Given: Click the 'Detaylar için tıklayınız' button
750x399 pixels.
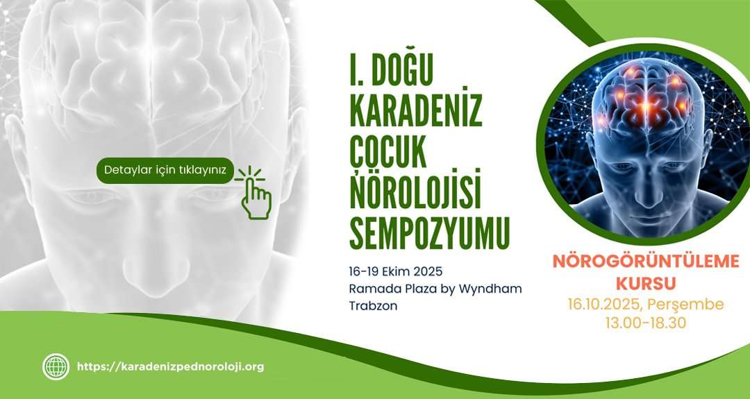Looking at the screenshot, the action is [165, 171].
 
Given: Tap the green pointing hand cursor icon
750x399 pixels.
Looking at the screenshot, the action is [253, 193].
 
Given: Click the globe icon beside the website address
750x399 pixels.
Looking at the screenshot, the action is [56, 367].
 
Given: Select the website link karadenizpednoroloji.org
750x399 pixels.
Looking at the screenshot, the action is [170, 367].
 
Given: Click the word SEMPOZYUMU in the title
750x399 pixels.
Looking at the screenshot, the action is [430, 233].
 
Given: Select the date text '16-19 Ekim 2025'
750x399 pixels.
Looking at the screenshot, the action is [396, 271].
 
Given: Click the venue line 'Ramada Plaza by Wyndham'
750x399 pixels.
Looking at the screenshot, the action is [435, 289].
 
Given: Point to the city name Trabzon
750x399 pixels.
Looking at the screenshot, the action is [373, 306].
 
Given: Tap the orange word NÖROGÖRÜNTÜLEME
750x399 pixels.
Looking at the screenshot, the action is [646, 262].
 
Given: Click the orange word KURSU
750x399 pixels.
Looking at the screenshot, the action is [646, 283].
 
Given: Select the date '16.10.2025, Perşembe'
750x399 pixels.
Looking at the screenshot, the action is [646, 305].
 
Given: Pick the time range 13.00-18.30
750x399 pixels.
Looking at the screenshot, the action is [646, 323].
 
